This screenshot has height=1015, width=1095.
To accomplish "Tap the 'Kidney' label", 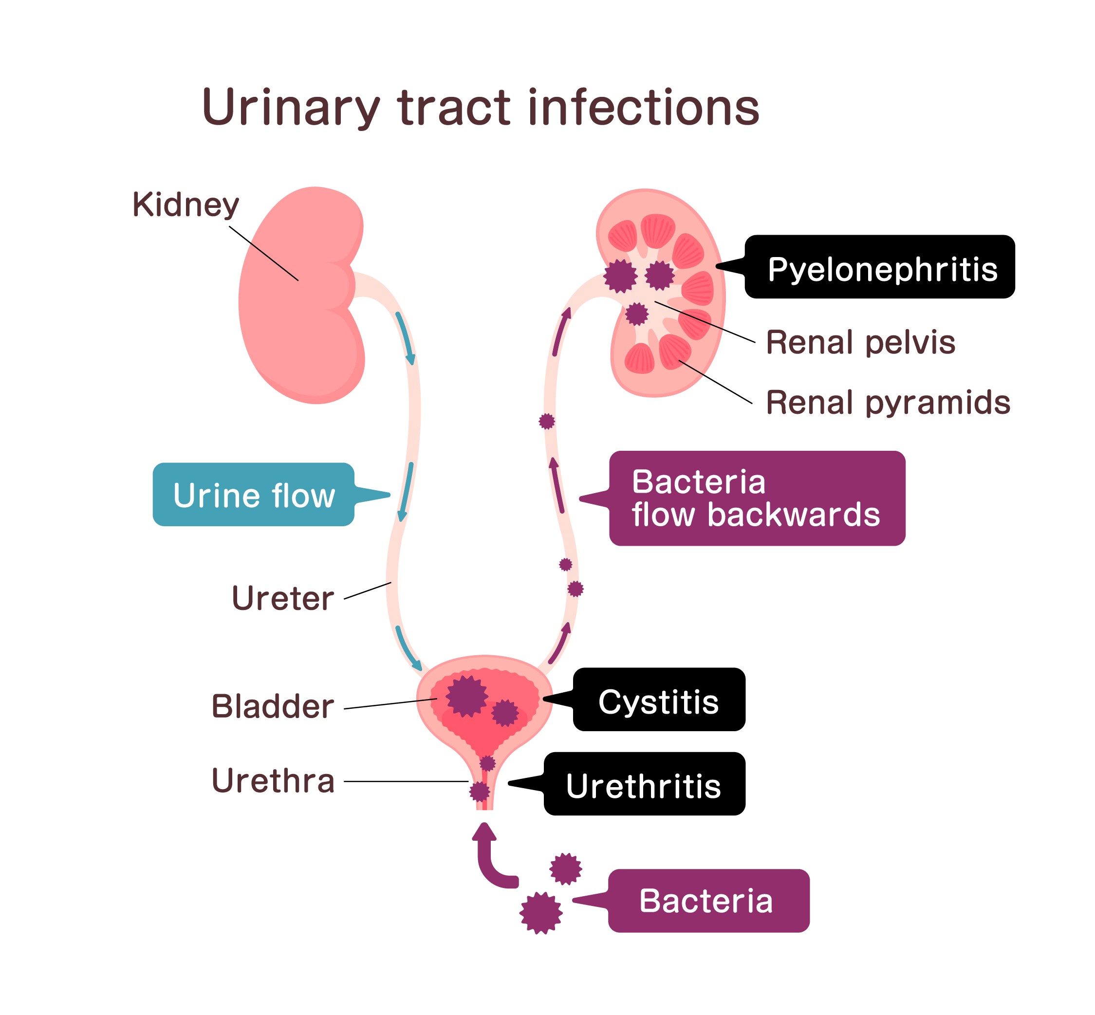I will (x=186, y=205).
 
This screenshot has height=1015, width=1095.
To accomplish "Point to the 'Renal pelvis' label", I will (x=860, y=343).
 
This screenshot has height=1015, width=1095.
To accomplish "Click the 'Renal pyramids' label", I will (x=887, y=403).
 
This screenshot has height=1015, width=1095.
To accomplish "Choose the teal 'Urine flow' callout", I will (x=254, y=495).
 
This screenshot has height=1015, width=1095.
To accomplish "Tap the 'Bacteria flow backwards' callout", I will (x=757, y=498).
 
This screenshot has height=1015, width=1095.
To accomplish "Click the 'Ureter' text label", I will (x=282, y=598).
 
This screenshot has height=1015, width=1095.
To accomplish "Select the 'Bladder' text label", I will (x=273, y=706).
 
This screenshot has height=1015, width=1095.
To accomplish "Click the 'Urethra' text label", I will (x=273, y=781).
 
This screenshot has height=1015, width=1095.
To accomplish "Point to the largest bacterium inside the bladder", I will (x=466, y=697).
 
